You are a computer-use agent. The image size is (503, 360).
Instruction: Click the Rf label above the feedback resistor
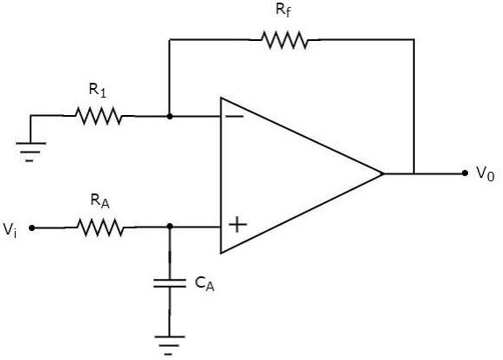coord(283,10)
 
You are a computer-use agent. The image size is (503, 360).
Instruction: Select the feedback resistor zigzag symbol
coord(284,40)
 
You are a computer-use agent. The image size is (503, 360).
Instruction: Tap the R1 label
coord(97,90)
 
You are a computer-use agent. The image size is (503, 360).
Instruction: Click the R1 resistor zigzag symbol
coord(99,116)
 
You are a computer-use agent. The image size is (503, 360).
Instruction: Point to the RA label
coord(99,201)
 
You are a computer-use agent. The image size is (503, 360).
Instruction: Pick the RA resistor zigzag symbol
coord(100,228)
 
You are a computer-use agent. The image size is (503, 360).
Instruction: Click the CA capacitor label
coord(205,283)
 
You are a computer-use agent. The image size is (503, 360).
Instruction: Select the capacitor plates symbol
coord(170,283)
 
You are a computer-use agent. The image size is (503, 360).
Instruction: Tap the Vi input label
coord(10,230)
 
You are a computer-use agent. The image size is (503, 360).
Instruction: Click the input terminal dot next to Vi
coord(31,228)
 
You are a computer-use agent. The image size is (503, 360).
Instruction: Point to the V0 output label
coord(486,174)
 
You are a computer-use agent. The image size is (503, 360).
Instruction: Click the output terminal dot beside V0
coord(465,173)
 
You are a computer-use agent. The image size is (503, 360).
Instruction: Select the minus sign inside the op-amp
coord(235,116)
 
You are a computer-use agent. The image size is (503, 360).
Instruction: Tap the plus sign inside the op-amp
coord(238,225)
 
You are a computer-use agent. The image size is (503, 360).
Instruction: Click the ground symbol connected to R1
coord(31,152)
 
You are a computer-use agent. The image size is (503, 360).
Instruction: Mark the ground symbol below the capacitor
coord(169,345)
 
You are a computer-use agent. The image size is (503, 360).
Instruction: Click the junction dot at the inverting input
coord(170,117)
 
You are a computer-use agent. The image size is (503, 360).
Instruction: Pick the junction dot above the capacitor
coord(170,227)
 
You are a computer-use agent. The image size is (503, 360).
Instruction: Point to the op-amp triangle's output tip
coord(384,173)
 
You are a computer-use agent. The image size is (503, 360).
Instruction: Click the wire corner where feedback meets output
coord(414,40)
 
